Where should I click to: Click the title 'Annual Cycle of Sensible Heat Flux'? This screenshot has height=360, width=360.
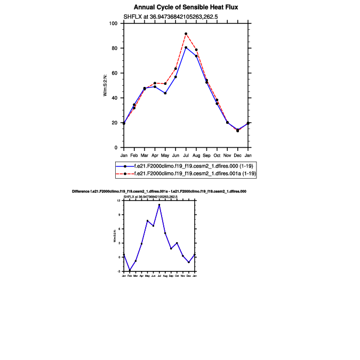pos(186,7)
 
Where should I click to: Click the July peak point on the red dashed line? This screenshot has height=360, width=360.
pos(186,34)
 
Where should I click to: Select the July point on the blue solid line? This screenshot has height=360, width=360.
pos(186,47)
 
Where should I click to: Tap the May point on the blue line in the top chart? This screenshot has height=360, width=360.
pos(165,93)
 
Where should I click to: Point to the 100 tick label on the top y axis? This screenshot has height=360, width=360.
pos(113,23)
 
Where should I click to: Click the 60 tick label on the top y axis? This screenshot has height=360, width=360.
pos(114,73)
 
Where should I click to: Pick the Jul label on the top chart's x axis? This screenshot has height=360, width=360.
pos(186,155)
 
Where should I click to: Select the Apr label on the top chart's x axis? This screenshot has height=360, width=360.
pos(155,155)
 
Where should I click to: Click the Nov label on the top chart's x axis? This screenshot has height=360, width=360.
pos(227,155)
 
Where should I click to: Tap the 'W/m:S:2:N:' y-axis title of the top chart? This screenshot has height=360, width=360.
pos(106,85)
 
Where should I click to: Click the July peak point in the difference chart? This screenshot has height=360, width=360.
pos(159,205)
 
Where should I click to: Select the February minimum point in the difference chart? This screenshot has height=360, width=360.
pos(130,271)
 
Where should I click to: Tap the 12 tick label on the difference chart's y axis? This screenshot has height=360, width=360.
pos(119,201)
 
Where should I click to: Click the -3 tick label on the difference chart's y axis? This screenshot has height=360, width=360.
pos(119,271)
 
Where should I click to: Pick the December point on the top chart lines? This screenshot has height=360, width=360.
pos(237,130)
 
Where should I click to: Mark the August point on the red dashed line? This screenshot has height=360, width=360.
pos(196,50)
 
